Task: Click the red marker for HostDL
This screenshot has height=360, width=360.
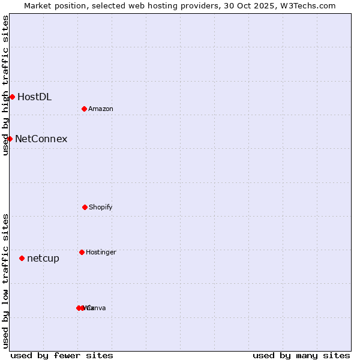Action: [x=12, y=97]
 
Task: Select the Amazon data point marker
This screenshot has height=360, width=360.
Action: [x=84, y=109]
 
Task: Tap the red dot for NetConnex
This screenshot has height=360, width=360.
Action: [x=10, y=139]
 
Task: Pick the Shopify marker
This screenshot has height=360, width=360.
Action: [x=85, y=207]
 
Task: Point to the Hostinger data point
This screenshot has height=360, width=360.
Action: [x=82, y=252]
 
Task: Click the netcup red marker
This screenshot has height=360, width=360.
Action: [x=22, y=258]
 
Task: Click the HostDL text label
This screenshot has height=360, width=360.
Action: [x=34, y=97]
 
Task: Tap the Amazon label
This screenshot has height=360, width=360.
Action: [x=101, y=109]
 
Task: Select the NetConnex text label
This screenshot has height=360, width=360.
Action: [x=41, y=139]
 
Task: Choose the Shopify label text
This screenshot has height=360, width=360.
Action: [x=101, y=208]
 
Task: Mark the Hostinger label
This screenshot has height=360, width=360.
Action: [x=101, y=253]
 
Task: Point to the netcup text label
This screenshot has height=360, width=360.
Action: [x=43, y=259]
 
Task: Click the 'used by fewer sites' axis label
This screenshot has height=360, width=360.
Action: [x=62, y=355]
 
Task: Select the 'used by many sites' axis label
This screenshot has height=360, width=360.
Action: [x=301, y=355]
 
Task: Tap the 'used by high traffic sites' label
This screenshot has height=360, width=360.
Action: [x=5, y=85]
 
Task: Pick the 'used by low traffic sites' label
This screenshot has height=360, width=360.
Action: [x=5, y=281]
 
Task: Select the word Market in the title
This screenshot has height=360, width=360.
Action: [x=38, y=5]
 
